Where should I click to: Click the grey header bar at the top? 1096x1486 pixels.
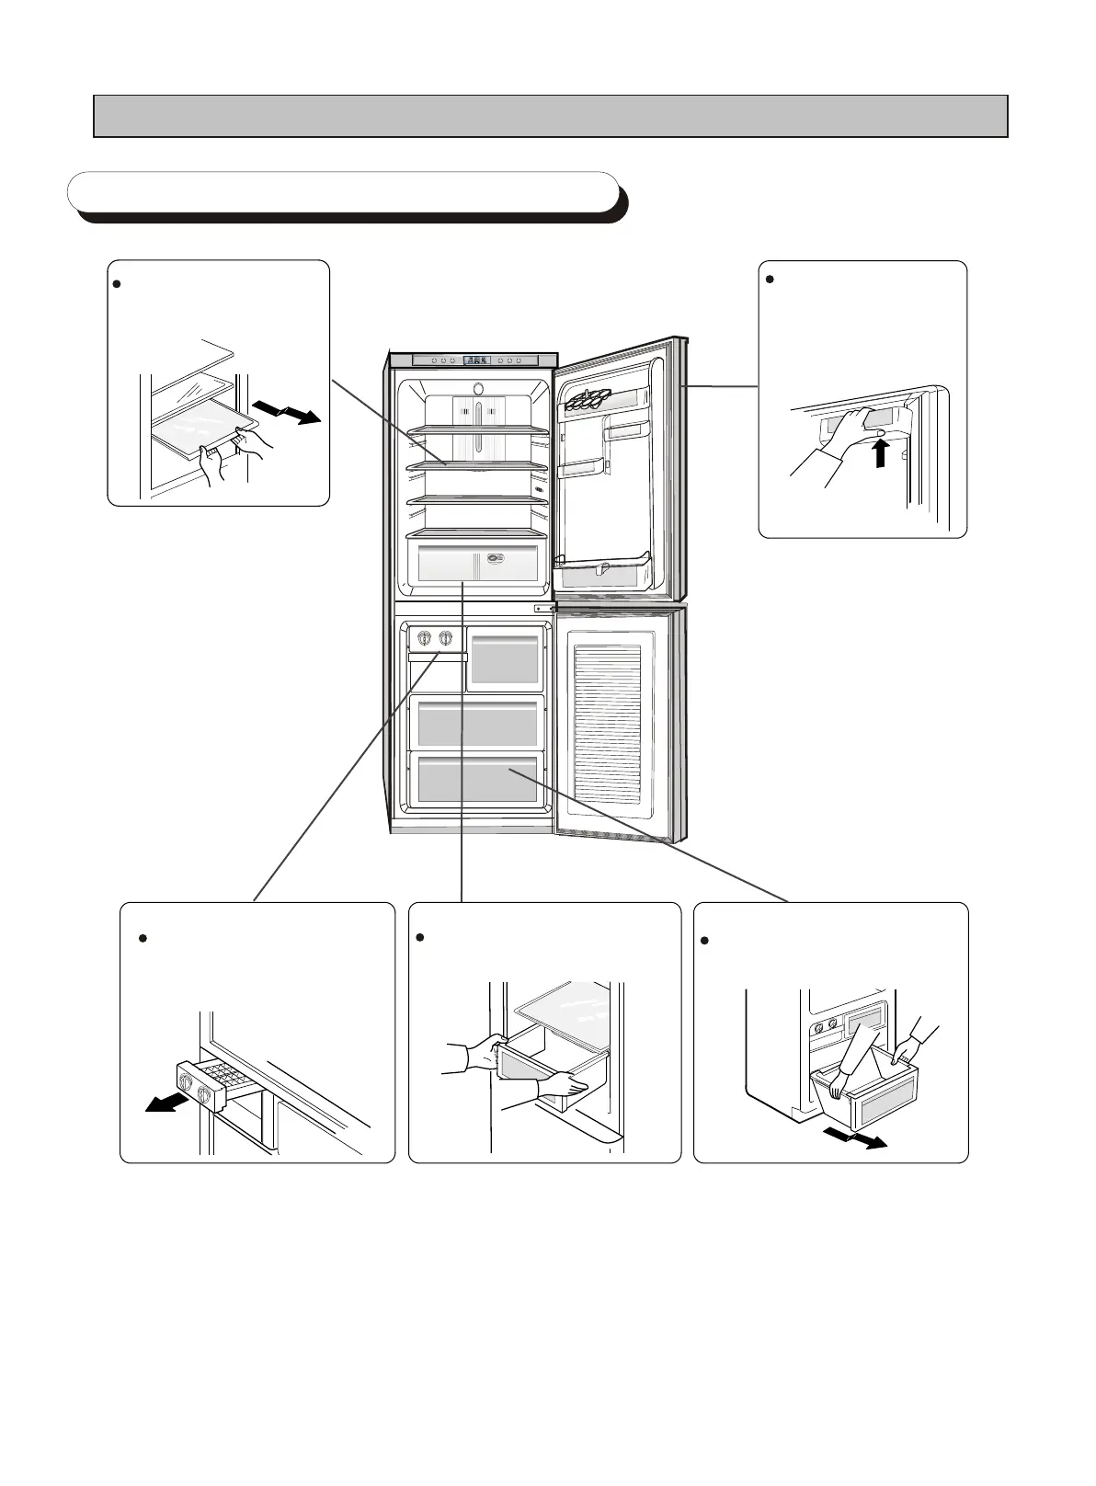[x=551, y=116]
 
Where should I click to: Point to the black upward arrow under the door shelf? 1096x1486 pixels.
[x=881, y=452]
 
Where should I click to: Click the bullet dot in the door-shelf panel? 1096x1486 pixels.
[x=770, y=280]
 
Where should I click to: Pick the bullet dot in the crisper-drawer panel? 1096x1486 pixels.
[x=419, y=937]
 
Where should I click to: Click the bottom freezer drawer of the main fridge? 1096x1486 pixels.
[x=476, y=778]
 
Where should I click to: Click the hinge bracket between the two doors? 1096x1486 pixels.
[x=544, y=608]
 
